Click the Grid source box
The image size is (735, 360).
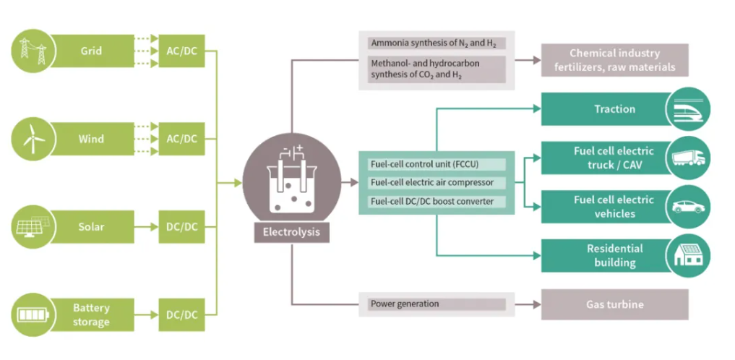click(x=91, y=51)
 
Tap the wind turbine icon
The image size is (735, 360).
click(x=31, y=139)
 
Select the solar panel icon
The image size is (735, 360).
click(x=31, y=226)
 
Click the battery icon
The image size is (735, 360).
click(x=31, y=314)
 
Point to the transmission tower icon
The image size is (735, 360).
click(x=31, y=51)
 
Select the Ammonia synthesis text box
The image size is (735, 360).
click(x=436, y=43)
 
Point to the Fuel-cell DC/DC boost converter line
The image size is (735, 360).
click(x=431, y=201)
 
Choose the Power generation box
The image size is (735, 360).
click(x=436, y=304)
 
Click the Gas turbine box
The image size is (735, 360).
click(x=614, y=304)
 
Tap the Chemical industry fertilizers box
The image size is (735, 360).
click(x=614, y=60)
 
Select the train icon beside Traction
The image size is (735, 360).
click(x=688, y=109)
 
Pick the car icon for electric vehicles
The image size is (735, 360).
click(x=688, y=207)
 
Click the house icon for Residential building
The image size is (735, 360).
click(x=688, y=255)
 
